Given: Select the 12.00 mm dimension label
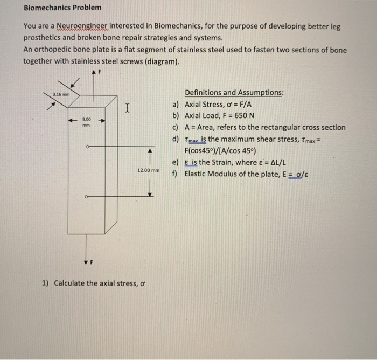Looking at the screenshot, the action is (148, 170).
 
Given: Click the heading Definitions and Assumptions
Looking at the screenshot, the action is (234, 93).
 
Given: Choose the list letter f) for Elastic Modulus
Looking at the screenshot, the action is (175, 174).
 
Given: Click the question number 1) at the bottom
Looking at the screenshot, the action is (45, 283).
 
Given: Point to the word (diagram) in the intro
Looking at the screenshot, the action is (160, 61).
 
